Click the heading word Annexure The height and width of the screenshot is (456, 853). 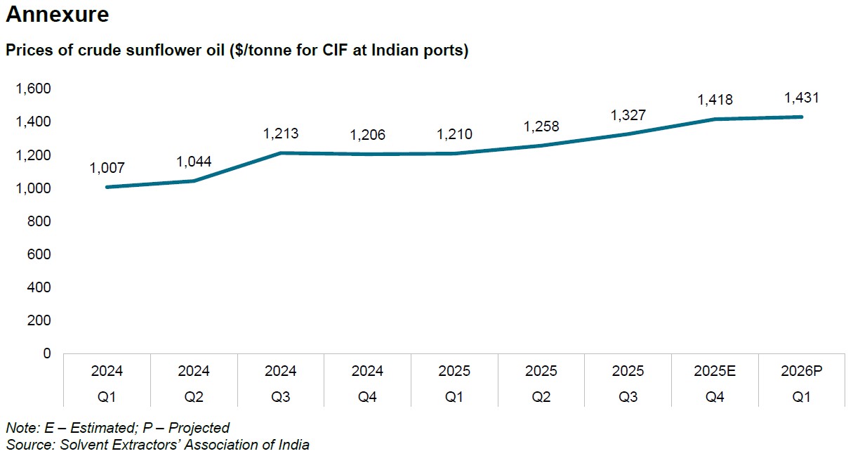[58, 15]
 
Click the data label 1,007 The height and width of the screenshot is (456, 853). [107, 169]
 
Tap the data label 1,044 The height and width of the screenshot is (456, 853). [194, 162]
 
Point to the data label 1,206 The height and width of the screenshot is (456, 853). [368, 136]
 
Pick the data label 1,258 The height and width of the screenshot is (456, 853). [541, 126]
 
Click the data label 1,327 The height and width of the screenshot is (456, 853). [628, 115]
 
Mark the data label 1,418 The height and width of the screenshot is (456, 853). [715, 100]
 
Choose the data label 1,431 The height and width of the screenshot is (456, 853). [802, 98]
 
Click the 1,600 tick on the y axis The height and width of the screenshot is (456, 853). [34, 89]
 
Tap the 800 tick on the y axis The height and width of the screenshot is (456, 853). [40, 221]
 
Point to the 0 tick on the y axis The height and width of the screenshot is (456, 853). [47, 353]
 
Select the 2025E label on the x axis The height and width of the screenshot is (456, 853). [715, 371]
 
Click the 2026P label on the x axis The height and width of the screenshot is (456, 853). [802, 371]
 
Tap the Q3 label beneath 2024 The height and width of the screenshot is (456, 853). [281, 396]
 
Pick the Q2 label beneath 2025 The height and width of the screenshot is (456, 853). [541, 396]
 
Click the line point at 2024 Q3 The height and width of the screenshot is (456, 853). [281, 152]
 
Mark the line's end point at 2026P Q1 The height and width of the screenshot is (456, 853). [802, 117]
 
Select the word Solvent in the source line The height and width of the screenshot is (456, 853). [81, 445]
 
